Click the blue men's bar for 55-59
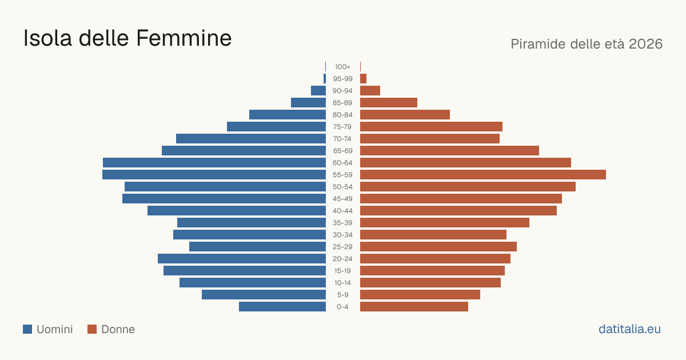(x=214, y=174)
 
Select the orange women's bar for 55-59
(x=483, y=174)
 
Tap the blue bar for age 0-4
(x=282, y=307)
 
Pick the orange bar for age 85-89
(x=389, y=102)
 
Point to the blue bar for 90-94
(x=318, y=91)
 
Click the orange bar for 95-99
(x=363, y=79)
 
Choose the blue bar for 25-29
(x=258, y=247)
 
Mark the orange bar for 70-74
(x=430, y=139)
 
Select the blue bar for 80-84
(x=288, y=114)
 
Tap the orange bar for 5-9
(x=420, y=295)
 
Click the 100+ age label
(x=342, y=67)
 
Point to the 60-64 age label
(x=342, y=163)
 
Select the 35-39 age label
(x=342, y=223)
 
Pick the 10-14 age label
(x=342, y=283)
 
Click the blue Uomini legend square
(x=27, y=329)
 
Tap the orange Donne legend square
(x=92, y=329)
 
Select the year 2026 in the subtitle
(x=645, y=44)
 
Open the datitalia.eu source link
(x=629, y=329)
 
